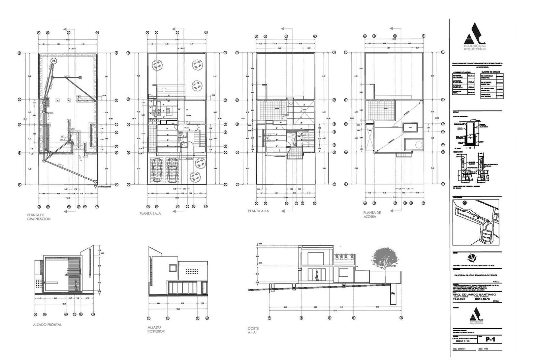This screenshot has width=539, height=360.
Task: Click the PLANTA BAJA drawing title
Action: [x=150, y=214]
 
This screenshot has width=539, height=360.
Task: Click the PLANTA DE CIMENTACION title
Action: [x=39, y=217]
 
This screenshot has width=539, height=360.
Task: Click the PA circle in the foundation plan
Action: [x=53, y=61]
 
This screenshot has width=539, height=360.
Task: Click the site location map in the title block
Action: [x=476, y=222]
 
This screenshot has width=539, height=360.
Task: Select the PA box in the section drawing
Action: [x=393, y=294]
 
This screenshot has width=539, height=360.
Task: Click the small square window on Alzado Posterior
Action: [x=172, y=268]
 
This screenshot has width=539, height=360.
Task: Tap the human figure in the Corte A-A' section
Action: [x=317, y=275]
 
